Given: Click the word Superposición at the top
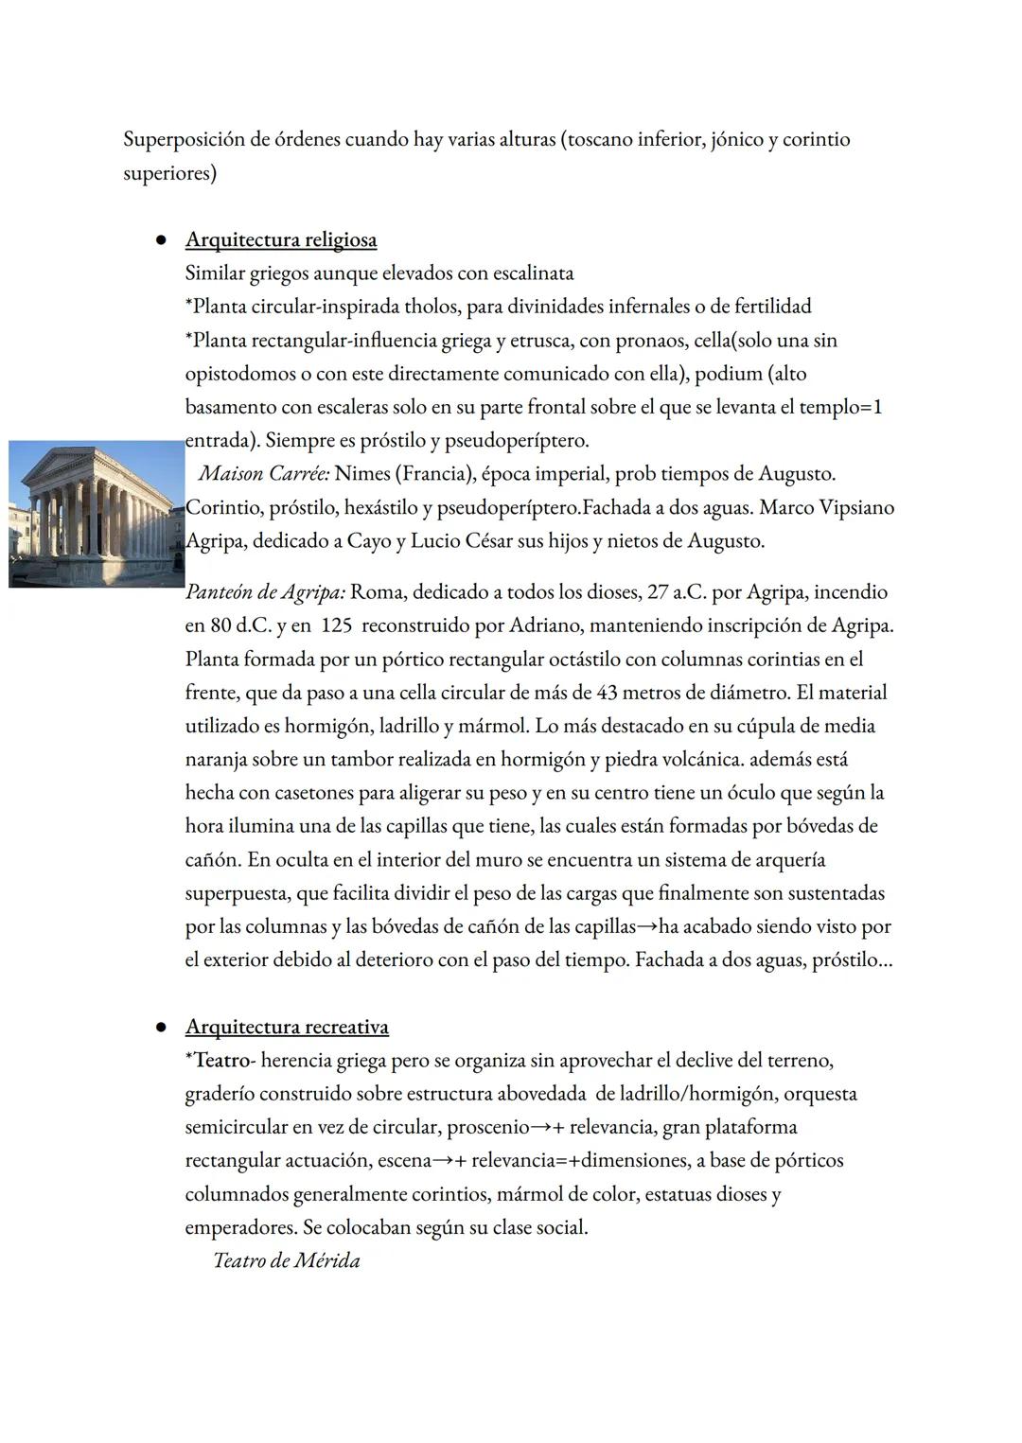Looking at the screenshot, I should pyautogui.click(x=183, y=140).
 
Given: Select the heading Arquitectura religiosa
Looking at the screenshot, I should pyautogui.click(x=281, y=240).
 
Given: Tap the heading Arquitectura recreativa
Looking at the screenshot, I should pyautogui.click(x=287, y=1028).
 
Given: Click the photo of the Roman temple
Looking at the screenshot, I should pyautogui.click(x=97, y=514).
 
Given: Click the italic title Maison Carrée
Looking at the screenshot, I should pyautogui.click(x=263, y=474).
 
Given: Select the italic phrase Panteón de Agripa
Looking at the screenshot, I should pyautogui.click(x=265, y=593).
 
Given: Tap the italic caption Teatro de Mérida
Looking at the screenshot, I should pyautogui.click(x=287, y=1261).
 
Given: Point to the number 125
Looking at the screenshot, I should pyautogui.click(x=338, y=626).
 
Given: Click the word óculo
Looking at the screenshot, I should pyautogui.click(x=752, y=793).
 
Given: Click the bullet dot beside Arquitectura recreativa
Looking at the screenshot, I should pyautogui.click(x=162, y=1028).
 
